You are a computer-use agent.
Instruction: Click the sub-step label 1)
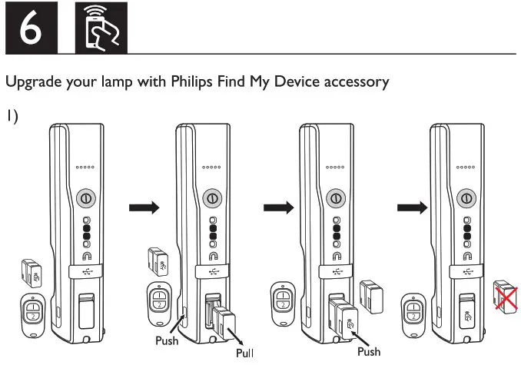pos(13,117)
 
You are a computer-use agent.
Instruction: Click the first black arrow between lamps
pos(144,207)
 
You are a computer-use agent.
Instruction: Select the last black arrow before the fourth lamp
pos(409,207)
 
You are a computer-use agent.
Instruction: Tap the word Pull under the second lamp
pos(245,353)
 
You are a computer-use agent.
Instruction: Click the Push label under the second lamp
pos(168,339)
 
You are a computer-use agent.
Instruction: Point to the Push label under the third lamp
pos(369,351)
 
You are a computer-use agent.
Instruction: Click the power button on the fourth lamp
pos(464,197)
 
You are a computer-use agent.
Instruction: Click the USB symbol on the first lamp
pos(85,270)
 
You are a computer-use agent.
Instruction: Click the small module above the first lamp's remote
pos(32,271)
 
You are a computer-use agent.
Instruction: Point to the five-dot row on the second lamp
pos(211,167)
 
